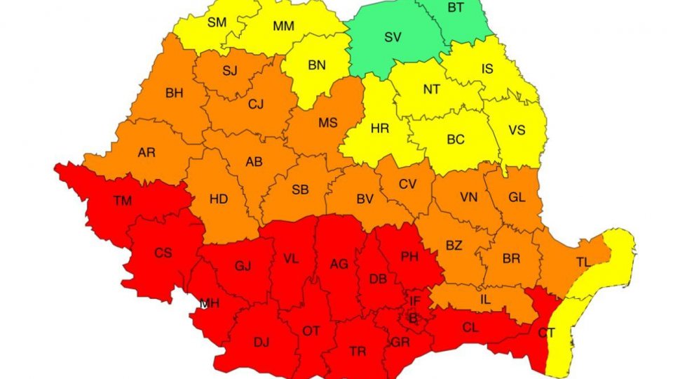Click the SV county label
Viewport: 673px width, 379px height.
click(393, 37)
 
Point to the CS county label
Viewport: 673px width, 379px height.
click(163, 253)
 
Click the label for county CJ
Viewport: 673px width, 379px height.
click(256, 105)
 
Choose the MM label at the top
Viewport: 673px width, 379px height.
click(283, 27)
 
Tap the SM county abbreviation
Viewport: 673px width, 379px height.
click(217, 22)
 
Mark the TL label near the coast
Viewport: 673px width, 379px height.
click(583, 261)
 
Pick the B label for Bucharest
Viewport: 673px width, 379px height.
click(414, 319)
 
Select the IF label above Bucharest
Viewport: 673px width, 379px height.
click(415, 302)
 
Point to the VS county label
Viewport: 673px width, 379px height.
click(517, 131)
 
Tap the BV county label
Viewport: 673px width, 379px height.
click(365, 199)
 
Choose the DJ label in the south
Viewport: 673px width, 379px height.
click(261, 342)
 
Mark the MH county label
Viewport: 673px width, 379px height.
click(209, 303)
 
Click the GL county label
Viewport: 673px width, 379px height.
click(517, 198)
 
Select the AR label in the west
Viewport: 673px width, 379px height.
click(147, 152)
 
